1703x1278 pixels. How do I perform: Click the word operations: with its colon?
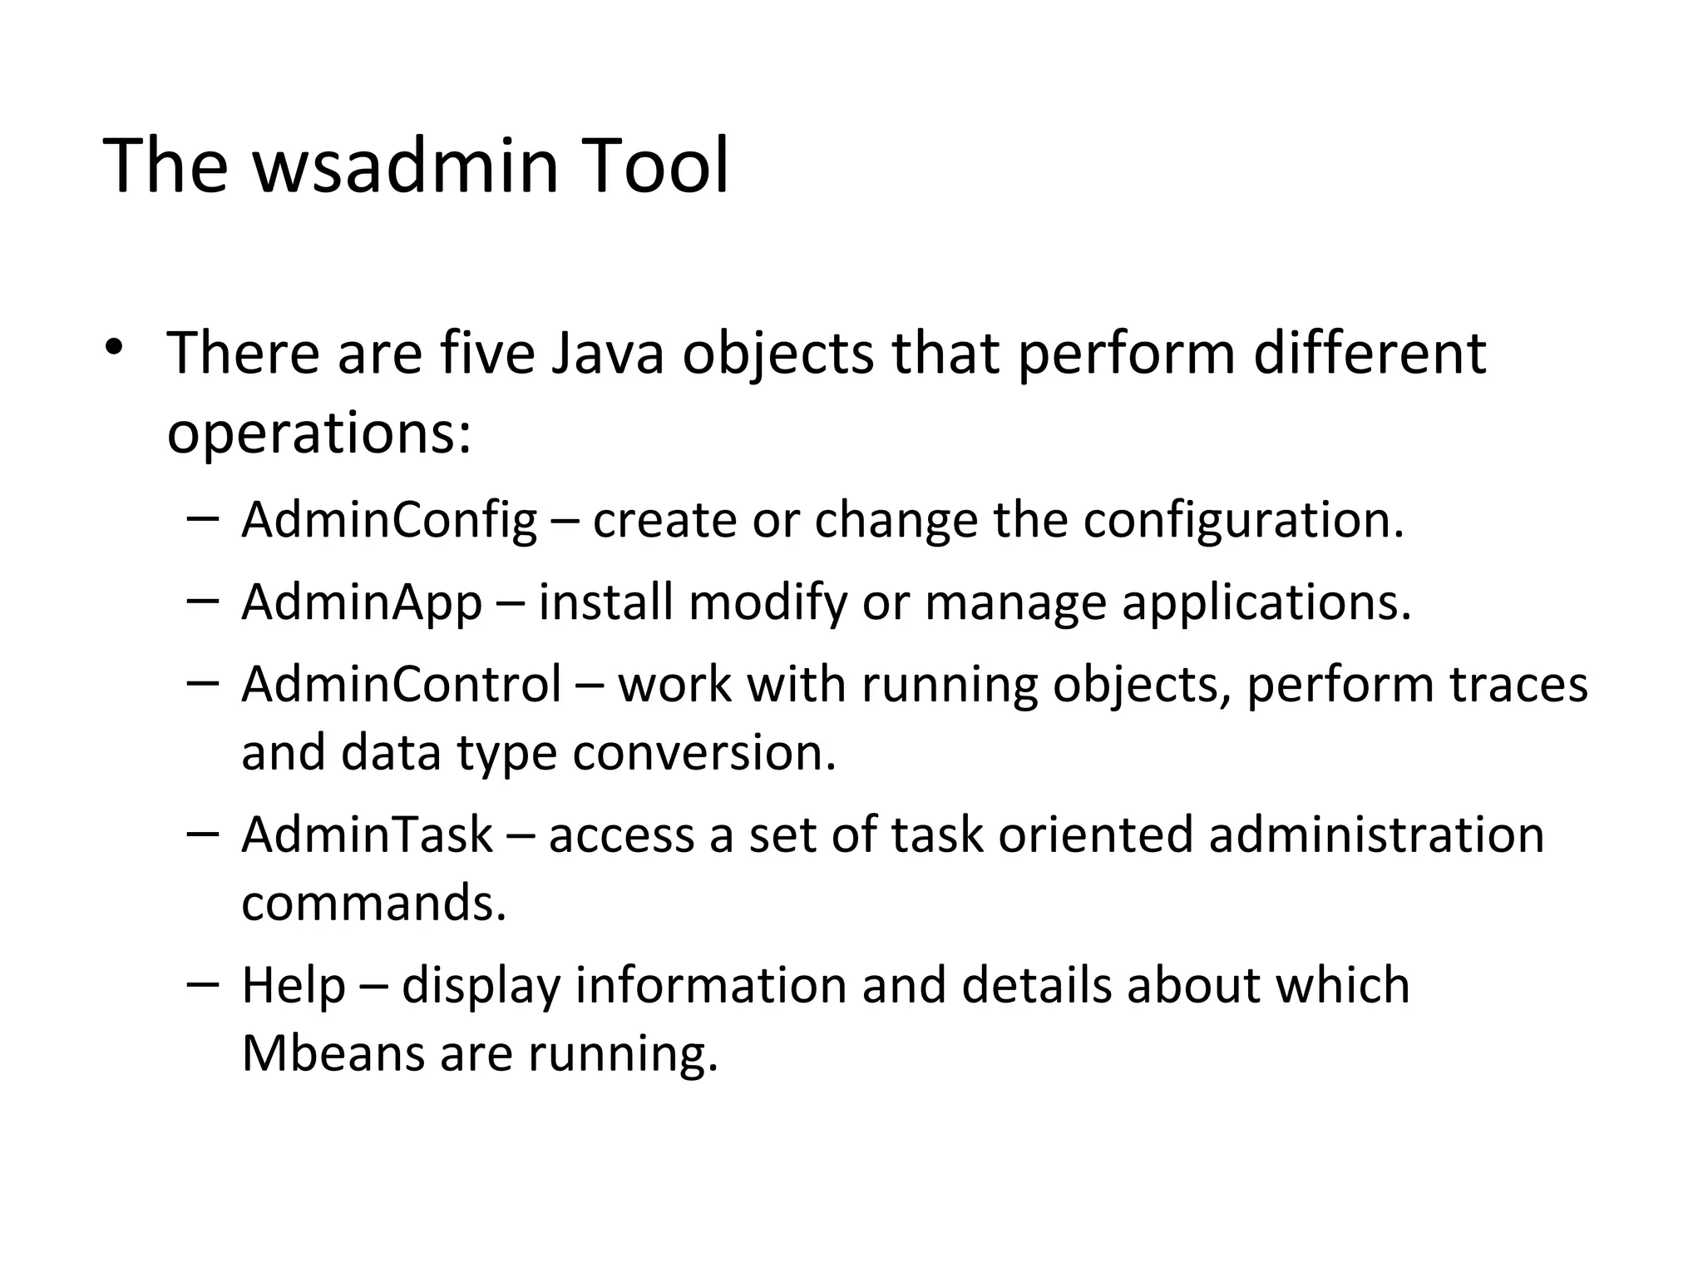319,435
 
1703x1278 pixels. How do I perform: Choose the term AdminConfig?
389,520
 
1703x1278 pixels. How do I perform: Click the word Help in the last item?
293,985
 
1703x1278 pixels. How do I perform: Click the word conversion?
703,752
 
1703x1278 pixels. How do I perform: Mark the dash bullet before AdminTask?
204,833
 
